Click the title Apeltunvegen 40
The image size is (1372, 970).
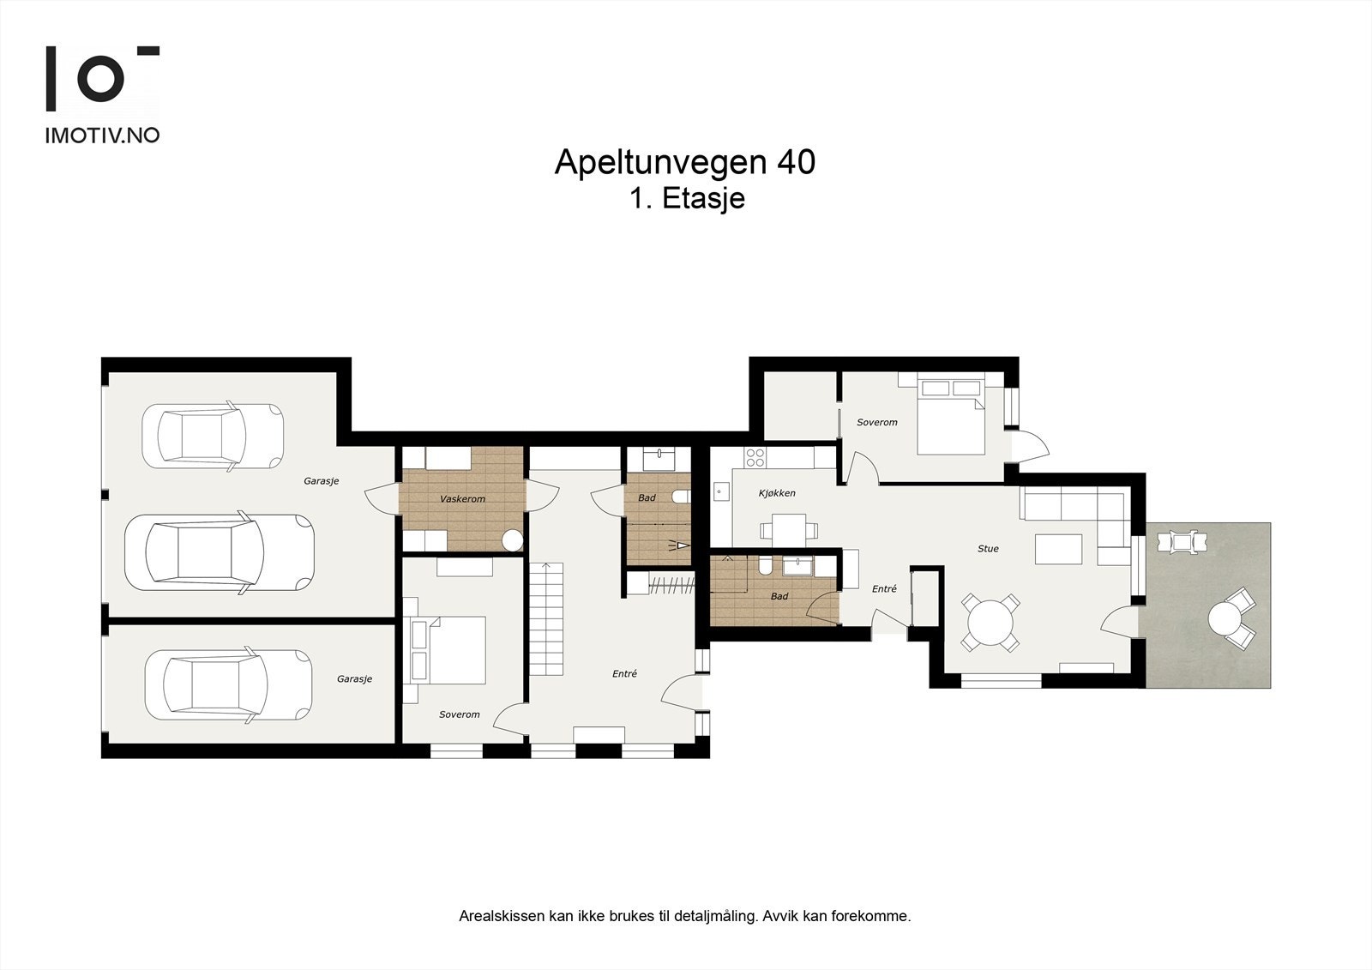685,163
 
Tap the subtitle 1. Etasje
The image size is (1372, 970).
688,198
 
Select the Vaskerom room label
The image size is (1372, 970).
462,499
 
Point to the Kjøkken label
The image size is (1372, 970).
777,492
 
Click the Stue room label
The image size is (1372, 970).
988,548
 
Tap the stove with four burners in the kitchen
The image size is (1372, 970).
755,457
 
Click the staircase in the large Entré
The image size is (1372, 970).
545,619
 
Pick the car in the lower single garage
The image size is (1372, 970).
228,685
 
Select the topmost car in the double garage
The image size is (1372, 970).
213,437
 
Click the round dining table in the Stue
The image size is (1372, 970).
990,622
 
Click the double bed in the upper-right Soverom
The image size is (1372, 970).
951,418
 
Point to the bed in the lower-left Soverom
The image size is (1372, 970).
450,650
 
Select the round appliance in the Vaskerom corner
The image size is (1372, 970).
512,540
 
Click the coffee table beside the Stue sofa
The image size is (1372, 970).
1058,549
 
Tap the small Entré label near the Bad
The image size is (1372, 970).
884,589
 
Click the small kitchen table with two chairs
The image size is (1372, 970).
788,531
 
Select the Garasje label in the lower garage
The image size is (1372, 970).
355,679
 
